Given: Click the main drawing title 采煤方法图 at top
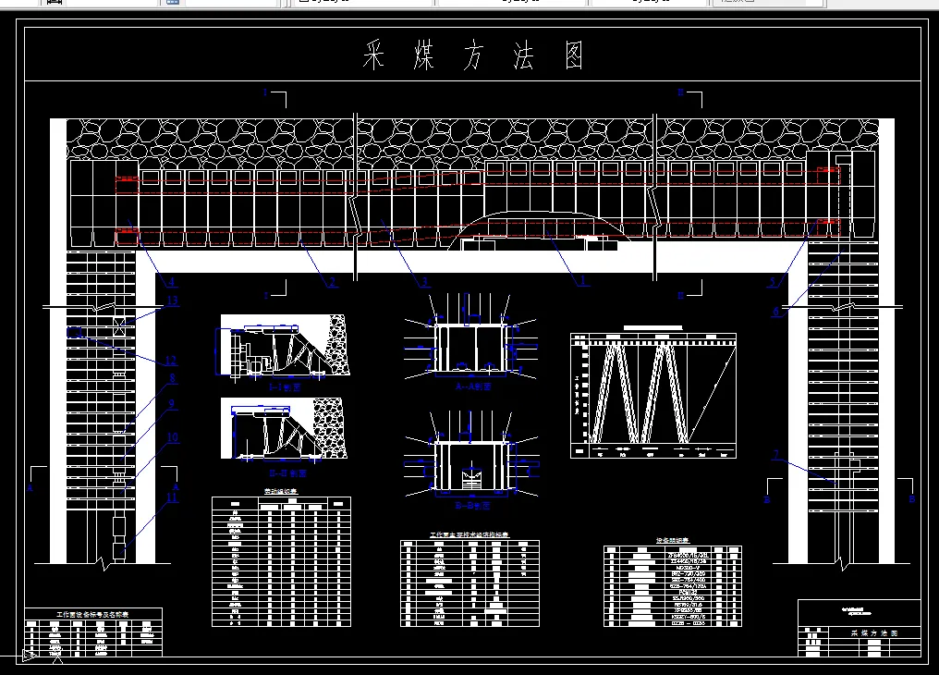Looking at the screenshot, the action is pos(474,57).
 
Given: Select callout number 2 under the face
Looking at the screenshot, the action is pos(331,282).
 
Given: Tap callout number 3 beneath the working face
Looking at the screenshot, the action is pos(424,282).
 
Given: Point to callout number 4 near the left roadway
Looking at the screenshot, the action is pos(171,281).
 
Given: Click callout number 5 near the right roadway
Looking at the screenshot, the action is pos(773,281).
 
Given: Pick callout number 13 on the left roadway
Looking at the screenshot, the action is pos(172,301).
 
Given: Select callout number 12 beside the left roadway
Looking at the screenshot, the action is pos(171,361).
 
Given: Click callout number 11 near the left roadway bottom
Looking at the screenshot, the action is pos(171,498).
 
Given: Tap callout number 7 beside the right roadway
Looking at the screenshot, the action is pos(776,454).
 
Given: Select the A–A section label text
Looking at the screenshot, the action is pos(472,387).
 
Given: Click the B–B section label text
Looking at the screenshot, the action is pos(472,506).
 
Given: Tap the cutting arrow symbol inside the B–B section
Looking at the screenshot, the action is pos(470,480).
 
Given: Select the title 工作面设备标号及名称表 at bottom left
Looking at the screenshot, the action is pos(92,614).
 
